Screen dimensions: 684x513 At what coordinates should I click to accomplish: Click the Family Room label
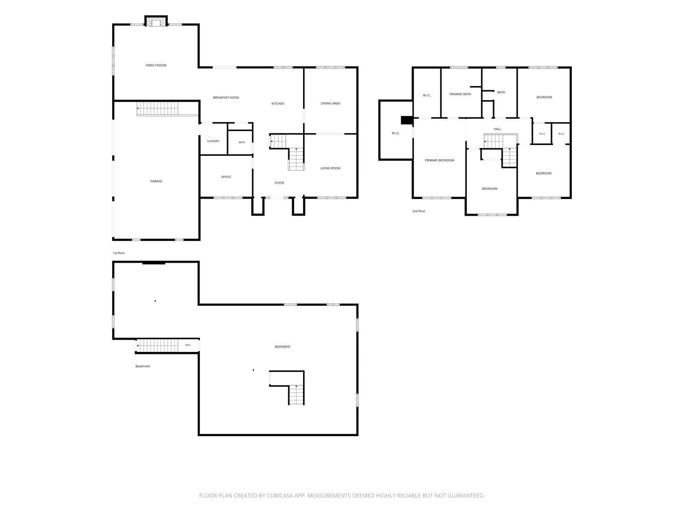tap(156, 66)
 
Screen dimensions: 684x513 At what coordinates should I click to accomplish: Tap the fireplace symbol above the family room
tap(156, 21)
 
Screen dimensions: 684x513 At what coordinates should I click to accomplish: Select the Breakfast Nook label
tap(226, 98)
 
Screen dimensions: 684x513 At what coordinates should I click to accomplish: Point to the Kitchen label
tap(278, 104)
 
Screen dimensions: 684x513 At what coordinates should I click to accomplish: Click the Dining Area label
tap(330, 104)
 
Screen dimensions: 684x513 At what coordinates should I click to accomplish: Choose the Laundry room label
tap(213, 141)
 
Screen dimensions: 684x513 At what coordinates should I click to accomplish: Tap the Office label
tap(226, 177)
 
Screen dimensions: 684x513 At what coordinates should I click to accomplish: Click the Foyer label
tap(279, 183)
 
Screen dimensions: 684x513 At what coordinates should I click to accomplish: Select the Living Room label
tap(330, 169)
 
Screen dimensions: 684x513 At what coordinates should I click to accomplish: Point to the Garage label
tap(156, 181)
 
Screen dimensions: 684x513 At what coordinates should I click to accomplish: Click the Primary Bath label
tap(460, 94)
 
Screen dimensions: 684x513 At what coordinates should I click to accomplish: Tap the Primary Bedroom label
tap(439, 161)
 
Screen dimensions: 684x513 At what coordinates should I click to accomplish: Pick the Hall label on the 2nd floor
tap(497, 129)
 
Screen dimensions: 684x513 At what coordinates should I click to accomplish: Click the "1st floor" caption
tap(119, 253)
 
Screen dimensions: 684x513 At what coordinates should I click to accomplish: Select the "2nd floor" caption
tap(418, 211)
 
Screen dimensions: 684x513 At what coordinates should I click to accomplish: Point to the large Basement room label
tap(282, 347)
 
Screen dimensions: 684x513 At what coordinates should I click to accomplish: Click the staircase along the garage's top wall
tap(157, 109)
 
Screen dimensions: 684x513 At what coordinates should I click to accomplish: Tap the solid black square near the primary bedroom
tap(407, 120)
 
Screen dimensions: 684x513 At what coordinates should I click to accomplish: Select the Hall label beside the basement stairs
tap(188, 345)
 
